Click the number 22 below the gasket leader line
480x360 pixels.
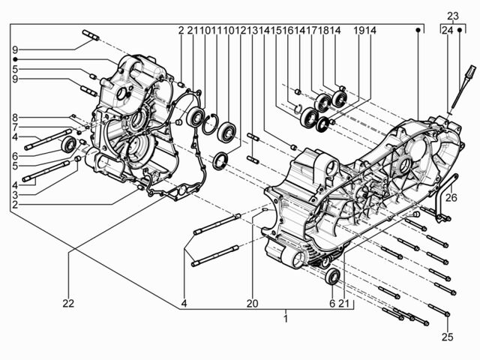[x=68, y=303]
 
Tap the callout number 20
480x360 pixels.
[x=253, y=303]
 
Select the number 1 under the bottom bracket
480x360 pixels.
[x=286, y=319]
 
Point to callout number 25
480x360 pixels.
[x=447, y=337]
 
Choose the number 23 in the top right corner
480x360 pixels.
[x=453, y=16]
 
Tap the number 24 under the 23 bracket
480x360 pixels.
[x=447, y=30]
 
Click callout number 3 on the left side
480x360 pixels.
[x=15, y=195]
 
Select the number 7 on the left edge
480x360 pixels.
[x=15, y=127]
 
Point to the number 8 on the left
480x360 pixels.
[x=15, y=117]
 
